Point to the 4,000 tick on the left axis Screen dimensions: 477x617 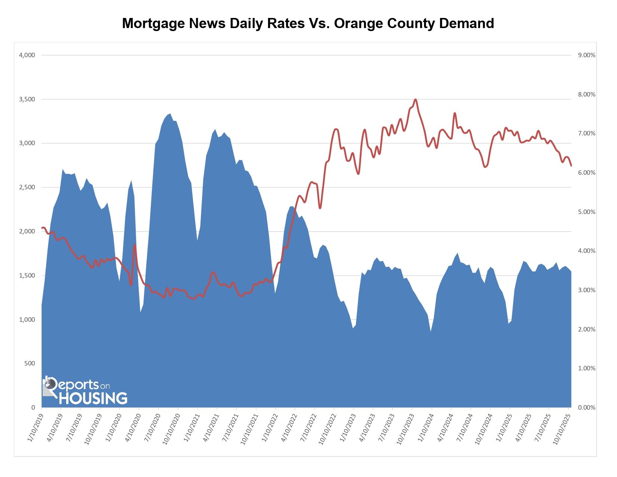pyautogui.click(x=27, y=55)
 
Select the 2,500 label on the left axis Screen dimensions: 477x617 pyautogui.click(x=27, y=187)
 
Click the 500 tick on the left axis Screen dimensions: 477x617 pyautogui.click(x=30, y=364)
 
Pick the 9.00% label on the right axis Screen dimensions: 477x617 pyautogui.click(x=586, y=55)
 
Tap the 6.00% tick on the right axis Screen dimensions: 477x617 pyautogui.click(x=586, y=173)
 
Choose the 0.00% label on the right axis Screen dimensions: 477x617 pyautogui.click(x=586, y=408)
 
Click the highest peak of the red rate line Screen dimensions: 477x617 pyautogui.click(x=415, y=100)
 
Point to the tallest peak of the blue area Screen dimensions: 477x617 pyautogui.click(x=170, y=114)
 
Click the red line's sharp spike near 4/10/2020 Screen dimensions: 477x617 pyautogui.click(x=135, y=245)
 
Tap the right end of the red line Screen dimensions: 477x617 pyautogui.click(x=571, y=165)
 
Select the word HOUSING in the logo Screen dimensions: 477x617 pyautogui.click(x=93, y=398)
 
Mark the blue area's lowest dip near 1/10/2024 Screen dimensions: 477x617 pyautogui.click(x=431, y=331)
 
